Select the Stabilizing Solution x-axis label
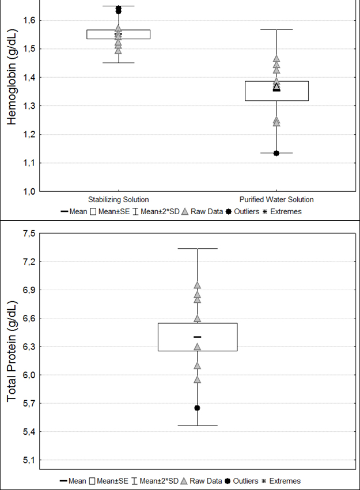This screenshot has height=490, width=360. pos(118,200)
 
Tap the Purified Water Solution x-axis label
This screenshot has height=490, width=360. pos(276,200)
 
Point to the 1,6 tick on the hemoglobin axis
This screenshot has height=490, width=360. pos(28,21)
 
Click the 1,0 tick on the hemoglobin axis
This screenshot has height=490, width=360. pos(28,191)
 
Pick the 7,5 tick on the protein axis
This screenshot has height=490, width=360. pos(28,233)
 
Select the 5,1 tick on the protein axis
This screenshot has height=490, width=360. pos(28,460)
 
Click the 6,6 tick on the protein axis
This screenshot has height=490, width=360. pos(28,318)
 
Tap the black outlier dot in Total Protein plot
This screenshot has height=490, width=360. pos(197,408)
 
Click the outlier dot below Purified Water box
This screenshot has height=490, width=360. pos(276,153)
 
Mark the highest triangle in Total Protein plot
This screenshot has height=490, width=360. pos(197,285)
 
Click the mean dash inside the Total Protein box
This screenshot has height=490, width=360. pos(197,337)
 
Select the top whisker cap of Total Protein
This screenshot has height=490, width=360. pos(197,248)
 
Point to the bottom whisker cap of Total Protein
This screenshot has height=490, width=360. pos(197,426)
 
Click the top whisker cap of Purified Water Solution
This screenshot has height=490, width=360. pos(276,29)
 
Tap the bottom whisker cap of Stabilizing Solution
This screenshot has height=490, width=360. pos(118,63)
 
